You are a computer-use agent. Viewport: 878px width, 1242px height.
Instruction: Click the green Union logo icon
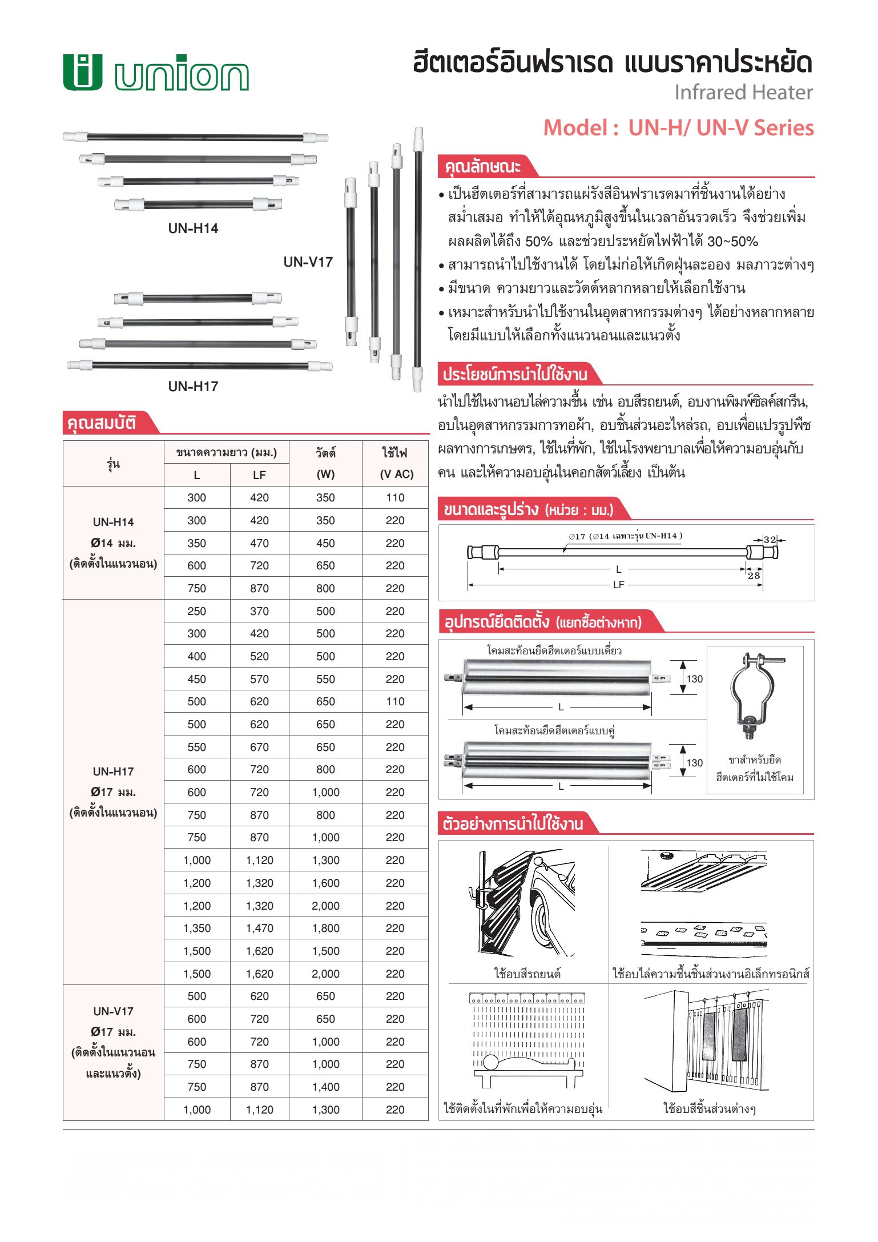point(83,73)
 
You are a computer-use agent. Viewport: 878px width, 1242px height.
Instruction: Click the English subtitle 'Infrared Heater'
point(743,93)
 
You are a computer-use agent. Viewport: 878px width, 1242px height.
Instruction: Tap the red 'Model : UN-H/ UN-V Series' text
point(678,127)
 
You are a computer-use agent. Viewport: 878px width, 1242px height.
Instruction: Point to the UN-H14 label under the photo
point(193,228)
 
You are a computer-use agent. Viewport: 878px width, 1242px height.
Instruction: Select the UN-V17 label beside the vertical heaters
point(308,262)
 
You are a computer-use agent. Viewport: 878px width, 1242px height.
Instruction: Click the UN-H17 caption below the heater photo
point(193,387)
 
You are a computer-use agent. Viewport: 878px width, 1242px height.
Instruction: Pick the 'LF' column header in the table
point(259,475)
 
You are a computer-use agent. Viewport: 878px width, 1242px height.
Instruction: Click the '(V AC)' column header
point(396,475)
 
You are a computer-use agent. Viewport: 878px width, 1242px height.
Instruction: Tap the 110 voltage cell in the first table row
point(395,498)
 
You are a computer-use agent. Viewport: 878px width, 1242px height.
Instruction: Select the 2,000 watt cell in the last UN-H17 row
point(325,974)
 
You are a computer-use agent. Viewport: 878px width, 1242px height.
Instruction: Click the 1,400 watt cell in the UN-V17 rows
point(325,1087)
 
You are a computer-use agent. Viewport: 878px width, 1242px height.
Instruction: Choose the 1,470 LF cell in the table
point(259,929)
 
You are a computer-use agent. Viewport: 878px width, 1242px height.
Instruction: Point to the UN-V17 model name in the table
point(113,1012)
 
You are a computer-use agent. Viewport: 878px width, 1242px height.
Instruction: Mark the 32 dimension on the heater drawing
point(770,540)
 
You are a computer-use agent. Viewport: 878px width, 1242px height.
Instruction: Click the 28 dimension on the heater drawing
point(754,576)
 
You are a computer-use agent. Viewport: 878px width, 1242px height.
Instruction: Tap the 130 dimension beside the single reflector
point(694,679)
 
